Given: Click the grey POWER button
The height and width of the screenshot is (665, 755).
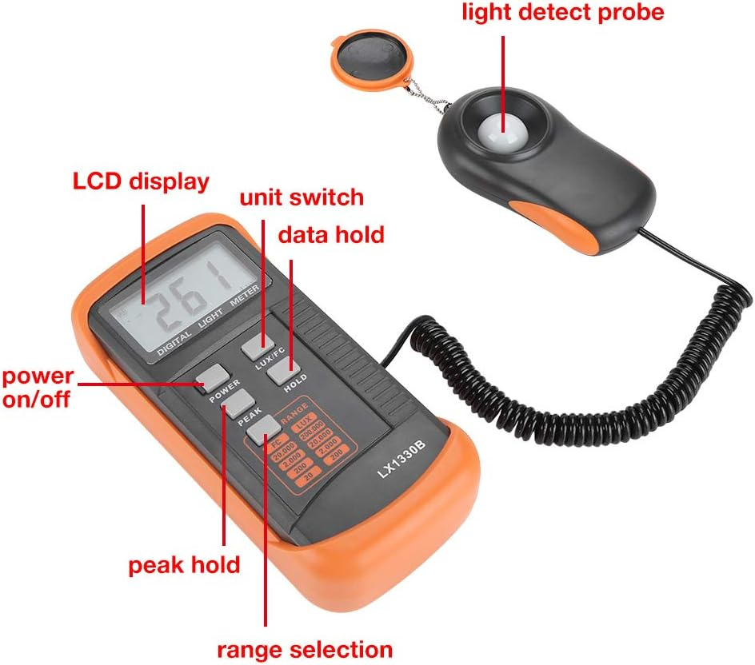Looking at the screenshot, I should pos(212,375).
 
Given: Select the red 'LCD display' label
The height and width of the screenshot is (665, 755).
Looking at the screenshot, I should pos(141,182).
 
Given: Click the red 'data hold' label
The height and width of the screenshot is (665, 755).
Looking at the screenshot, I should pos(330,235).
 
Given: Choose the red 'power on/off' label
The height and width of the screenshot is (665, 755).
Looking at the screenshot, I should pos(38,388).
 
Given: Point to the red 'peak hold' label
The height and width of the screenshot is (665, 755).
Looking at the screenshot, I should pos(185,564).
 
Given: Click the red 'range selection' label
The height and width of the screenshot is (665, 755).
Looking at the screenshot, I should pos(306,648).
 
